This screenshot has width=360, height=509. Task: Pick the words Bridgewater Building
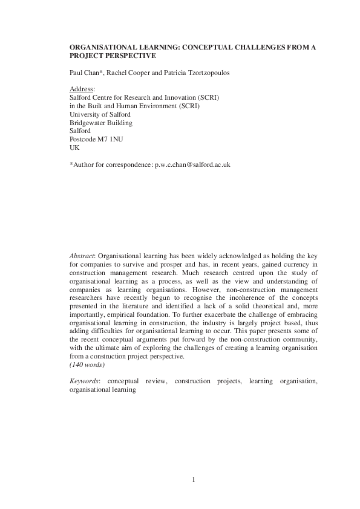(x=101, y=123)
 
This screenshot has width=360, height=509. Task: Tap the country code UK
(x=75, y=147)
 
